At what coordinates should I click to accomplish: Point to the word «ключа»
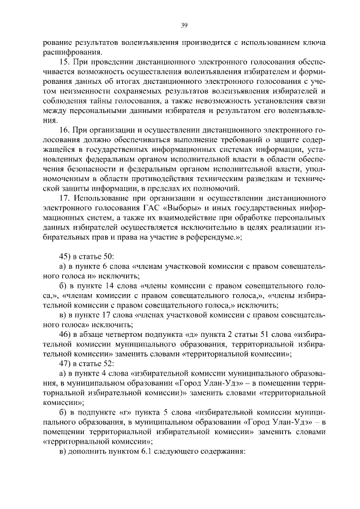click(x=314, y=43)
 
